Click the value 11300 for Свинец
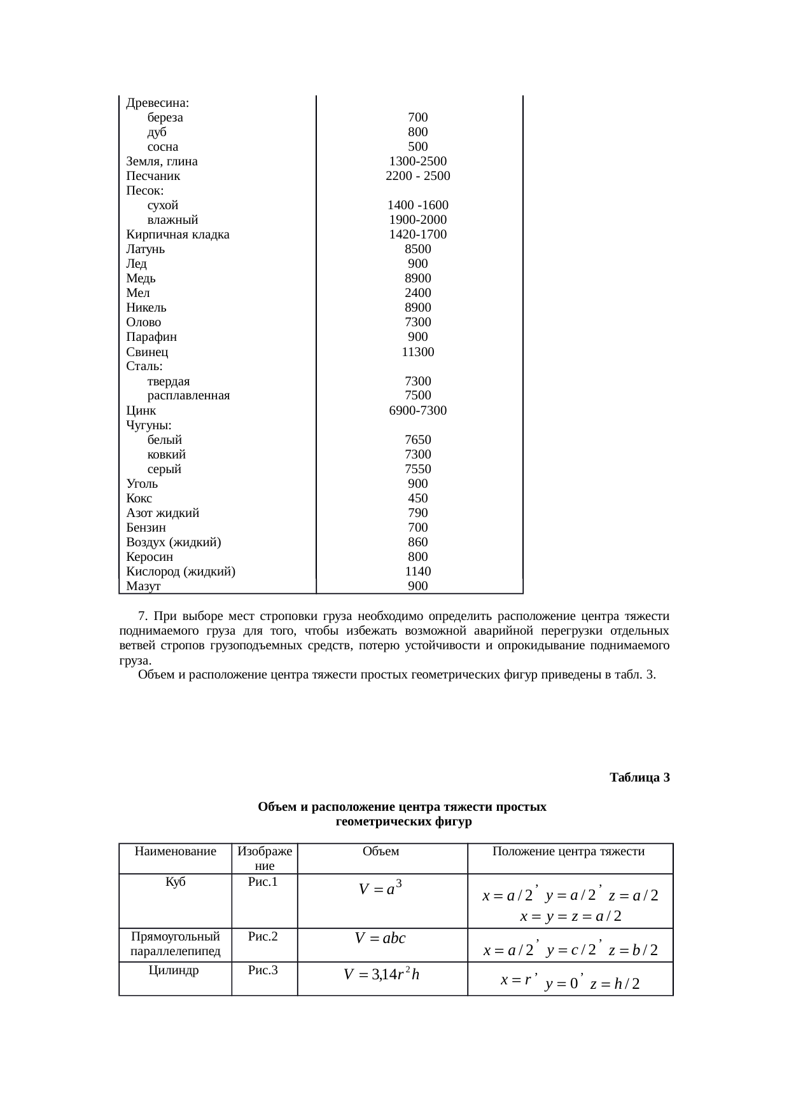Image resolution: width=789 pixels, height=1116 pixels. tap(417, 352)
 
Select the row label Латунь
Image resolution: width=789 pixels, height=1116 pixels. tap(145, 249)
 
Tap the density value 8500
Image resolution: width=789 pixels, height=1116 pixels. tap(417, 249)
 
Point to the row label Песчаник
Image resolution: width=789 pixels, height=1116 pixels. tap(153, 176)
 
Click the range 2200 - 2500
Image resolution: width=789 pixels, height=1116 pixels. tap(417, 176)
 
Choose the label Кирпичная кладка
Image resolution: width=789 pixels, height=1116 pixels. tap(178, 235)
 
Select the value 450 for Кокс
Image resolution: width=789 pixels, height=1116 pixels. tap(417, 499)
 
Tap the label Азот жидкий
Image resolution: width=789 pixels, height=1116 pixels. tap(162, 513)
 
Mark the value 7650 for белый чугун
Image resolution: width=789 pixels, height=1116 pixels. tap(417, 440)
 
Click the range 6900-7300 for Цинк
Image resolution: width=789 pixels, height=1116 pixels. tap(417, 411)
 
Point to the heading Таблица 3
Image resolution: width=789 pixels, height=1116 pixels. tap(639, 778)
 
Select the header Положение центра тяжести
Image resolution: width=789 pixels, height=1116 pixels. tap(568, 851)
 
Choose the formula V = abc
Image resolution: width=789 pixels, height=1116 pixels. tap(380, 938)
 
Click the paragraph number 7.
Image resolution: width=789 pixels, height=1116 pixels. tap(143, 616)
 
